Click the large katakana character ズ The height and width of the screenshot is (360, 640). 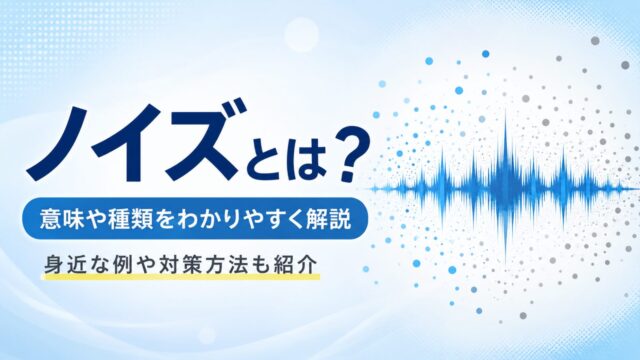pos(204,139)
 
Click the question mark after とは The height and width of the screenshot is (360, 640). pos(347,155)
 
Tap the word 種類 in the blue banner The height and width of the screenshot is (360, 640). pos(131,219)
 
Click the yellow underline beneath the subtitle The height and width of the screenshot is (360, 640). pos(181,277)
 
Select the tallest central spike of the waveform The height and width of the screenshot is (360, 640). pos(506,188)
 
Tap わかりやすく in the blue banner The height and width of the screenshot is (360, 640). pos(241,219)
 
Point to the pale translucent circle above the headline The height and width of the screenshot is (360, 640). pos(301,34)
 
